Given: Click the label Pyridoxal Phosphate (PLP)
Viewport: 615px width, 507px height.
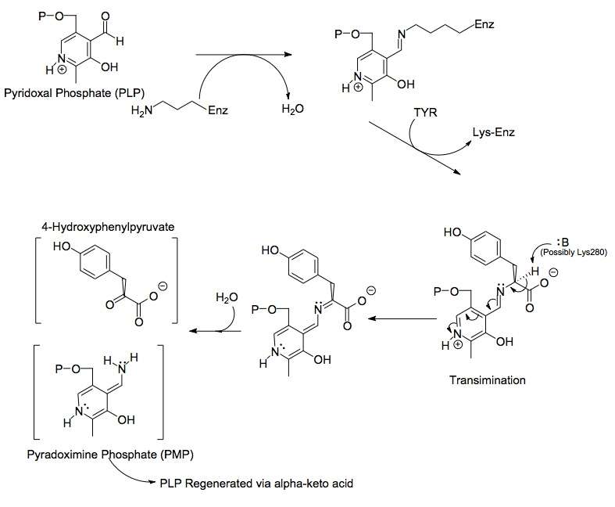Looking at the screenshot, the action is coord(74,93).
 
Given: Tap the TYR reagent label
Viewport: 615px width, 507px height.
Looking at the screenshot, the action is coord(426,113).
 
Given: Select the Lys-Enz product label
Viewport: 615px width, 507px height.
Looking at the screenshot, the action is coord(493,132).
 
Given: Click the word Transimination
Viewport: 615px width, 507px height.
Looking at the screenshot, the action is coord(487,380).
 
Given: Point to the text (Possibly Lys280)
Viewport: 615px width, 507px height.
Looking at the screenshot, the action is coord(574,252).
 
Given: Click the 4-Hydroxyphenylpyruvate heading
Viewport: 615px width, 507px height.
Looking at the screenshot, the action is coord(108,227).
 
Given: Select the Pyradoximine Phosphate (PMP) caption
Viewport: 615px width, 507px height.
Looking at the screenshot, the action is coord(110,455).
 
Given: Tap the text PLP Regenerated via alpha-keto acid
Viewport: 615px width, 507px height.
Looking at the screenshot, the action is coord(256,483).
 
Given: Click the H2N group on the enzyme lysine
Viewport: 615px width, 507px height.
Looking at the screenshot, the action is coord(142,111).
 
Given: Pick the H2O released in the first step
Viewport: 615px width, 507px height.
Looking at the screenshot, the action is coord(292,109).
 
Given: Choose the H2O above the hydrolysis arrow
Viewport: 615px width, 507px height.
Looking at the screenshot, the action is coord(227,297).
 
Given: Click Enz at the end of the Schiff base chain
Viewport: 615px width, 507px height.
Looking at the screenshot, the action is coord(484,24).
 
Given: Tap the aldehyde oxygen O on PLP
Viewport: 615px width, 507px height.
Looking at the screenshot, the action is coord(105,16).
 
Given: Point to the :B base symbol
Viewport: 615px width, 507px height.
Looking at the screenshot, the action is coord(563,243).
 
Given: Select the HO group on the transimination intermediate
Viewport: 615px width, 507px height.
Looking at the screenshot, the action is coord(453,232).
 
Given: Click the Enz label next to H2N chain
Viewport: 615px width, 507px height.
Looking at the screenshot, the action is coord(218,110).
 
